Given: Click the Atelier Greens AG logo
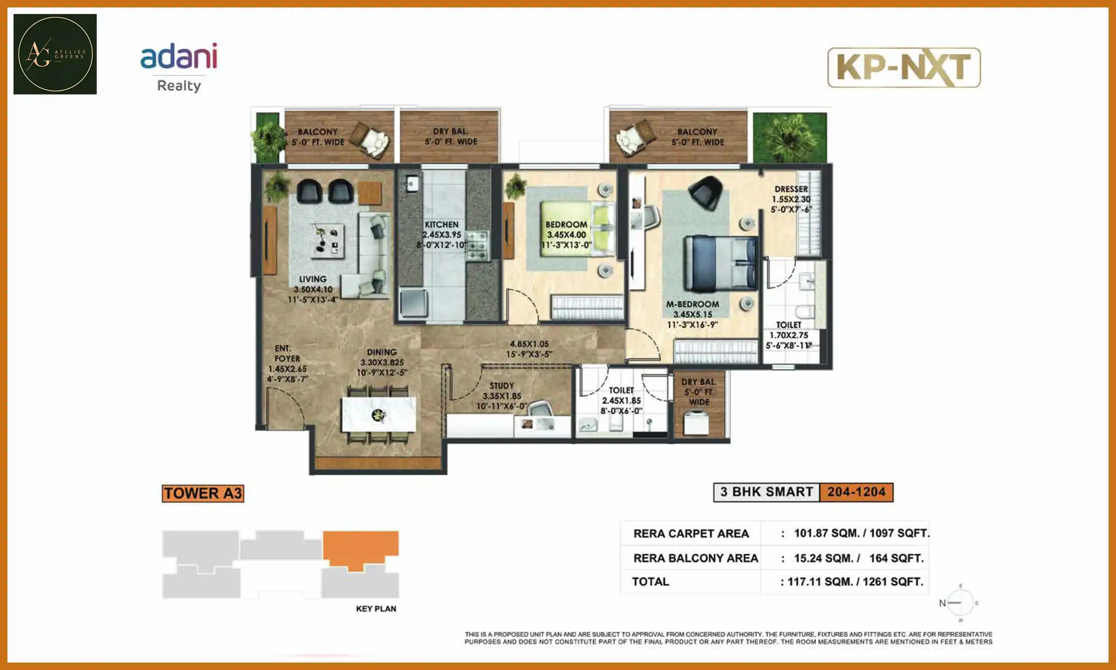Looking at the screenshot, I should tap(55, 54).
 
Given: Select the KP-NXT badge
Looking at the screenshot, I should tap(903, 67).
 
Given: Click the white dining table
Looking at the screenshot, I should tap(379, 414).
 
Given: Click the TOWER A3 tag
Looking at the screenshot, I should tap(203, 493).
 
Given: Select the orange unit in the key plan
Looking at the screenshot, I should tap(360, 547).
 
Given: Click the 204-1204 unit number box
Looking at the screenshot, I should tap(856, 492).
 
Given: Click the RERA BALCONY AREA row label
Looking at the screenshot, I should tap(695, 558).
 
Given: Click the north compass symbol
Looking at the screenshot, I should tap(959, 603).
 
